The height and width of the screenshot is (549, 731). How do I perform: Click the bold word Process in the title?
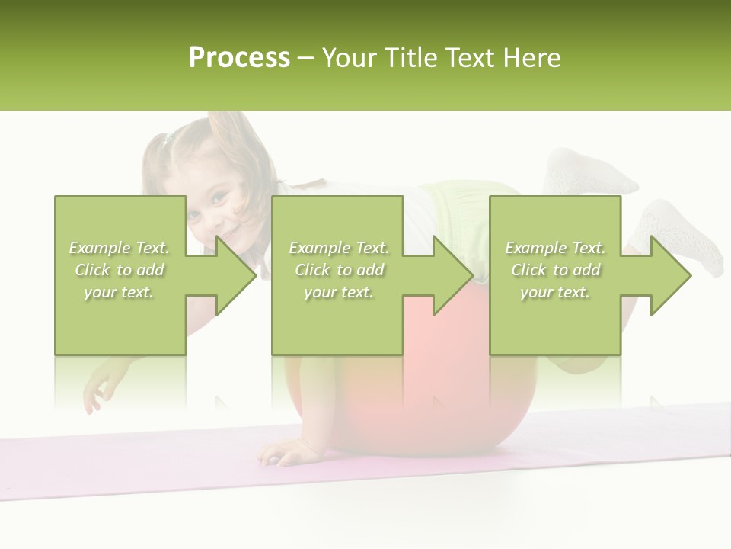coord(239,57)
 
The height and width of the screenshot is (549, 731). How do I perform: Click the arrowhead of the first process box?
coord(236,275)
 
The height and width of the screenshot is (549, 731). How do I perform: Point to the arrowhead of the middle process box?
coord(454,275)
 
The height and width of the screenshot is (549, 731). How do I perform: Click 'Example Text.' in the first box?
coord(120,248)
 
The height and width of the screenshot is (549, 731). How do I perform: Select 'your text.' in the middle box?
coord(338,292)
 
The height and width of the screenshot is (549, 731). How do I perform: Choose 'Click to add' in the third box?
coord(555,270)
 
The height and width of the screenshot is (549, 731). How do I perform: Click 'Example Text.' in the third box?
coord(555,248)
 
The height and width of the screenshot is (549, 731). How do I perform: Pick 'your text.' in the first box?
coord(120,292)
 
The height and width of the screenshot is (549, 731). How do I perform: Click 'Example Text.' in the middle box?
coord(338,248)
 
